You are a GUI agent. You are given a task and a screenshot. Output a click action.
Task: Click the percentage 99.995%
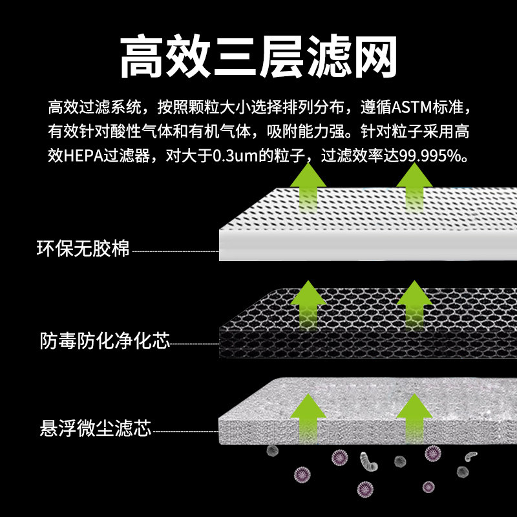tap(429, 156)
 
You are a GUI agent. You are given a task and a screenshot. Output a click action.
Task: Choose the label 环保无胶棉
tap(83, 248)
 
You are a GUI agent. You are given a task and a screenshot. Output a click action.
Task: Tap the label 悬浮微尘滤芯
tap(94, 428)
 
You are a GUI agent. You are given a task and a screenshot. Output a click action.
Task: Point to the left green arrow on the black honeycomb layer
tap(308, 304)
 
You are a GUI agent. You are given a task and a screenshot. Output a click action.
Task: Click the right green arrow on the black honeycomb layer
tap(414, 304)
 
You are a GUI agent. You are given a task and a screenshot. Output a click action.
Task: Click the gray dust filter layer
tap(362, 420)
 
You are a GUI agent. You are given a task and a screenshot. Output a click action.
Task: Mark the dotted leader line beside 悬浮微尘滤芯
tap(185, 430)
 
